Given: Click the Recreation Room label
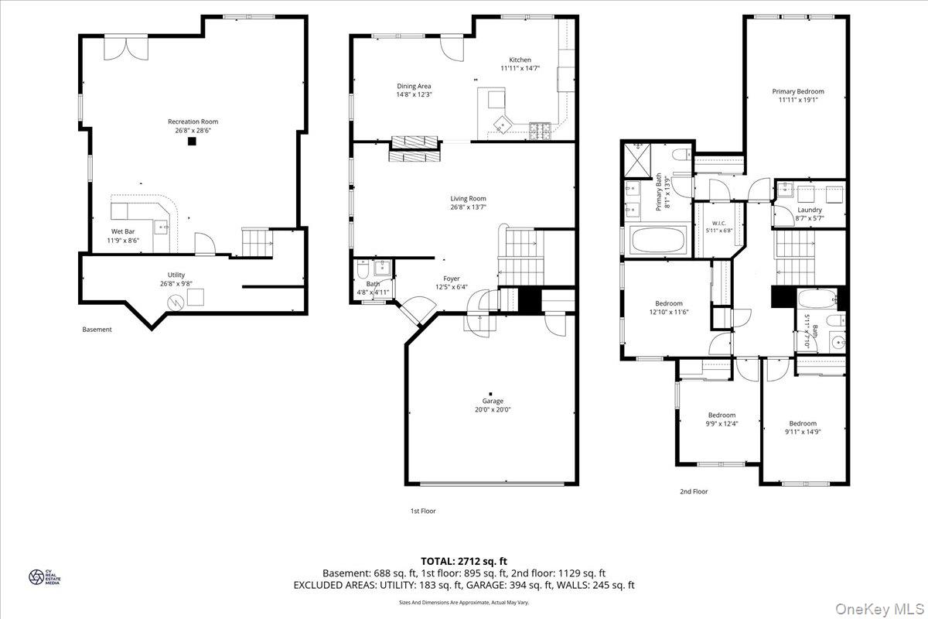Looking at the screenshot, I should (x=193, y=121).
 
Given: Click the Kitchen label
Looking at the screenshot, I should (x=520, y=60).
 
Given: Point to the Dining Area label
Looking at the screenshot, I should (x=414, y=86).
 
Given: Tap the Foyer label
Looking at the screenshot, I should (x=451, y=279).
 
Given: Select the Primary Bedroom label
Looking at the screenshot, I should (x=798, y=91).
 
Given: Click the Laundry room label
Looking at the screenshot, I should (x=810, y=210).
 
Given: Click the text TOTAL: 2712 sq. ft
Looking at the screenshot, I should (x=464, y=561).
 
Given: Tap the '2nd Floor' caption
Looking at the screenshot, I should (x=694, y=491).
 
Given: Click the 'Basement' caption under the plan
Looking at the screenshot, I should (x=97, y=330).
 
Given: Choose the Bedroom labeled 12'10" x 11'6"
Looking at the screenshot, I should (x=669, y=303).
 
